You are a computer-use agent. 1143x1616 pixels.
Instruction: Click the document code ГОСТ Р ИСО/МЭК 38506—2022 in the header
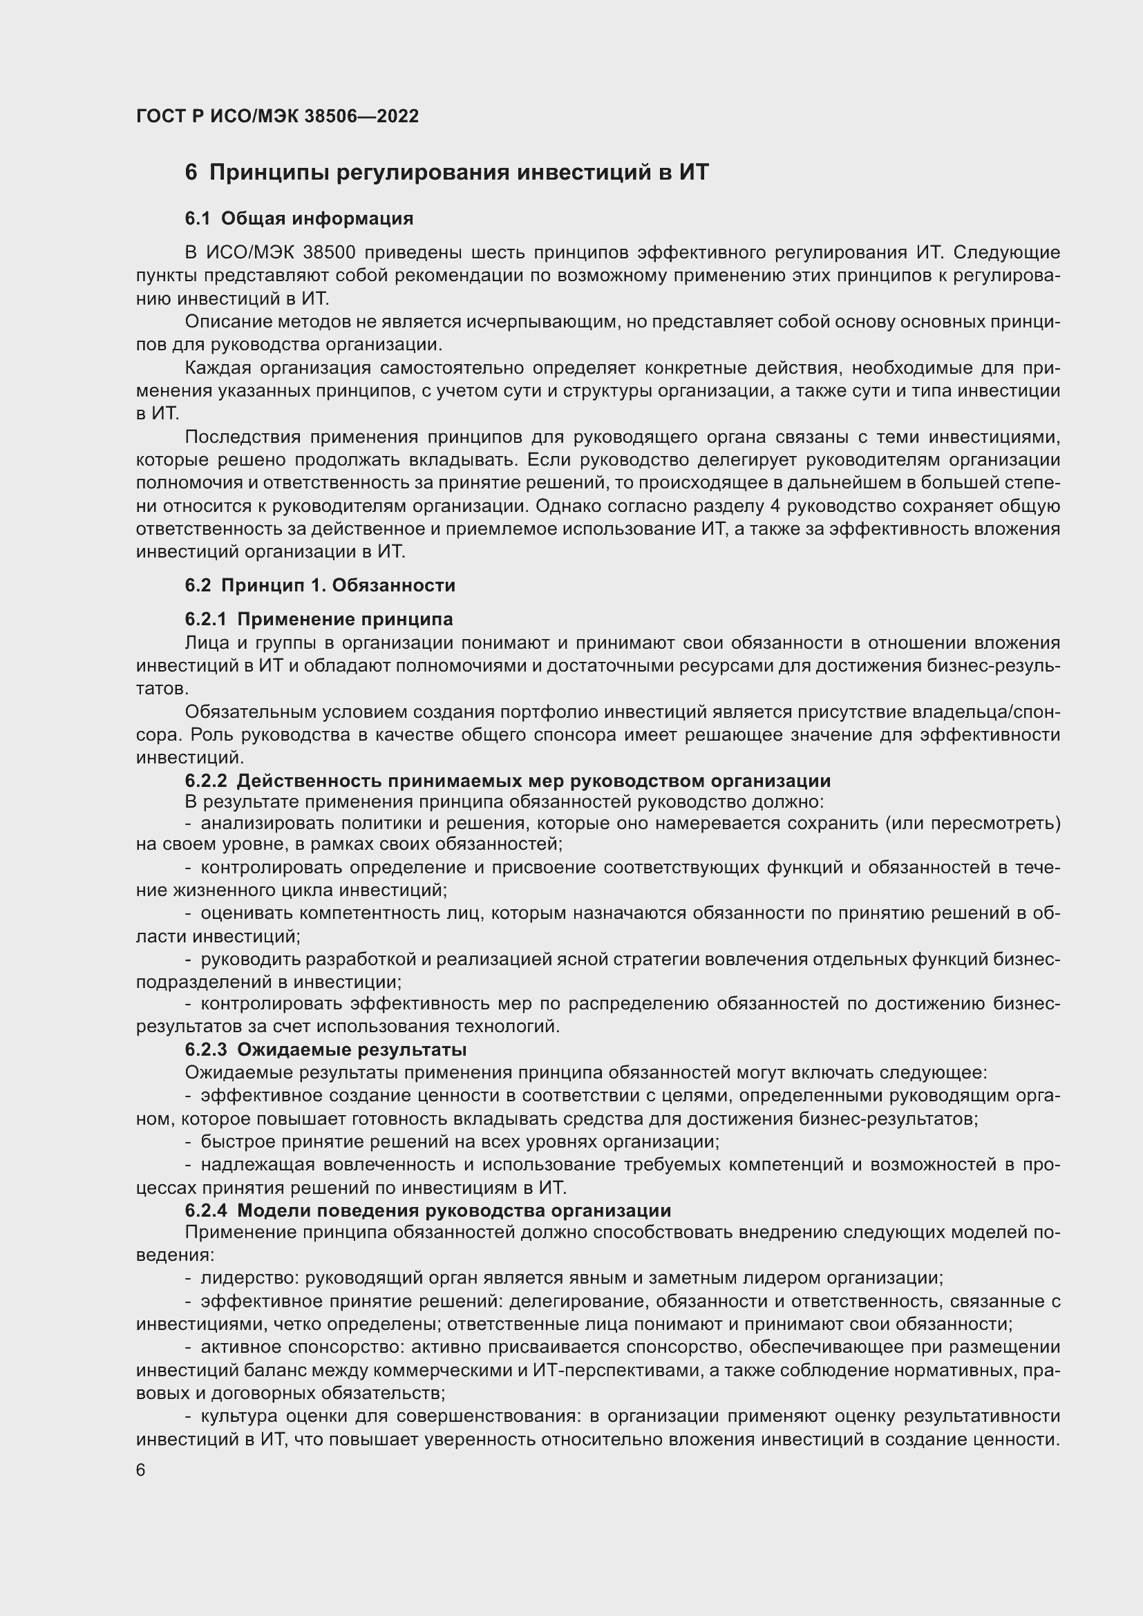pos(277,116)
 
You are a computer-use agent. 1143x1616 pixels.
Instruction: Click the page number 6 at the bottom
pos(141,1470)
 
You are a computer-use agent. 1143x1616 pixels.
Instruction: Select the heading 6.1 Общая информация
pos(299,218)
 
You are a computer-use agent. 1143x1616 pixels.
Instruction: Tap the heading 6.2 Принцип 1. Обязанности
pos(319,585)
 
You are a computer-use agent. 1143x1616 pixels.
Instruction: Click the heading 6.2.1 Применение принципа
pos(318,619)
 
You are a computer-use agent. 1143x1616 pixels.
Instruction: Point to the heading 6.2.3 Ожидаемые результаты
pos(325,1049)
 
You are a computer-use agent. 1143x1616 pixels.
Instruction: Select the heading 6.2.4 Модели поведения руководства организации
pos(427,1210)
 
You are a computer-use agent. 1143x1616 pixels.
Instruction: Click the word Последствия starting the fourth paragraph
pos(243,437)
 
